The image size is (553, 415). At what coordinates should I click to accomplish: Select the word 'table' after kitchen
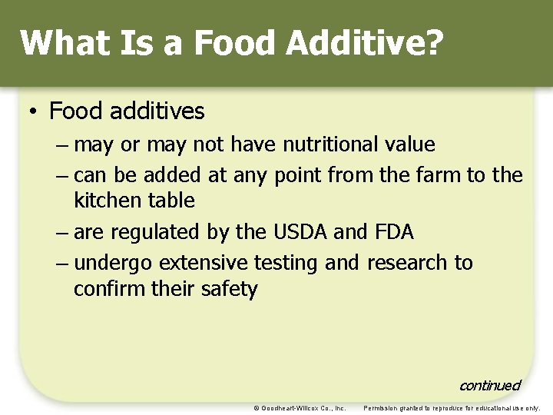pos(173,201)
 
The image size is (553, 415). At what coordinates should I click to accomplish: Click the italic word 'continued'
pos(489,385)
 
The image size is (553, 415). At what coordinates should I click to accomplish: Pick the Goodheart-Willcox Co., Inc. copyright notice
pos(300,408)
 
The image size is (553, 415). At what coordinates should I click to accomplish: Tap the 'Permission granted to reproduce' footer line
pos(452,408)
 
